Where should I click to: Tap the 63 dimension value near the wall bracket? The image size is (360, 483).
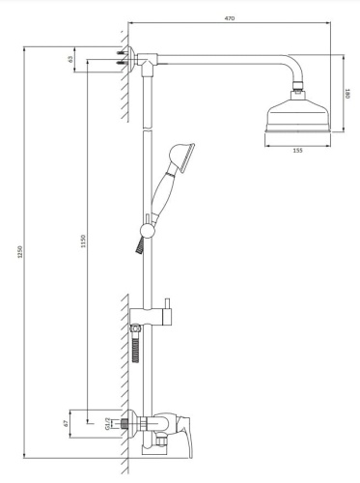pos(71,59)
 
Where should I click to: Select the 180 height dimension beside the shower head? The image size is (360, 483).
pos(348,96)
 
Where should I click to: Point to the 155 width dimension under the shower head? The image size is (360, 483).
pos(298,151)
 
